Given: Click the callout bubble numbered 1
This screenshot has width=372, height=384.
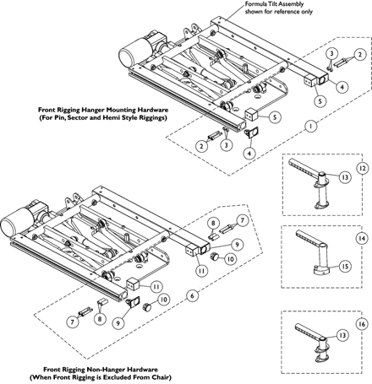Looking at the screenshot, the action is click(x=310, y=127).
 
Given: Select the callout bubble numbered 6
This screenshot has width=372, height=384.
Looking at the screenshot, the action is click(x=193, y=295).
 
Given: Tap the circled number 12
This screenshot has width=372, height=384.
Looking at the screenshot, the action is click(x=363, y=168).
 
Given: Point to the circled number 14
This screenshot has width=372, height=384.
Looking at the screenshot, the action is click(x=363, y=239).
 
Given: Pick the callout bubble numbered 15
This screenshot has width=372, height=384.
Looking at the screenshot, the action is click(x=345, y=266).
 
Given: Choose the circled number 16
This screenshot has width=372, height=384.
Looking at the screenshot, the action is click(x=363, y=324).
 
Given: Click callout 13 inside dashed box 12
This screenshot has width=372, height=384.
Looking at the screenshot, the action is click(x=345, y=177).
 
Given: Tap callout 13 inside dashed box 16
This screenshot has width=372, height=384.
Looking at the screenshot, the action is click(x=342, y=335).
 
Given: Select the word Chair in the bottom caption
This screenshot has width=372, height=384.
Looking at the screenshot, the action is click(x=161, y=377).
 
